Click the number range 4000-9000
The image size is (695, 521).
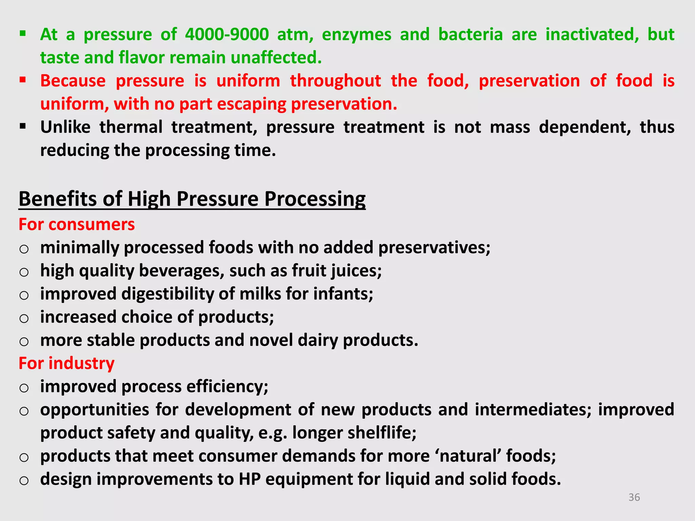click(x=227, y=34)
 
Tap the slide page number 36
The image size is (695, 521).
click(x=634, y=497)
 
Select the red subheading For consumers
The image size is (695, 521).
click(x=77, y=225)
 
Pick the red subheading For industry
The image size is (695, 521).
click(x=67, y=363)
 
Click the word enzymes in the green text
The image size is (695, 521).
click(x=356, y=34)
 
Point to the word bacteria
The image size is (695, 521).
click(x=470, y=34)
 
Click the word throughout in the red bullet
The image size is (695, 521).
click(x=335, y=81)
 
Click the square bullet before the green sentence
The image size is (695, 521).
click(x=23, y=34)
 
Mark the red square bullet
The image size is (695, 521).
click(x=23, y=80)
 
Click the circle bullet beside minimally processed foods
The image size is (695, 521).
click(x=24, y=249)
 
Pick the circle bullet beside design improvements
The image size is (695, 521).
click(x=24, y=481)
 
